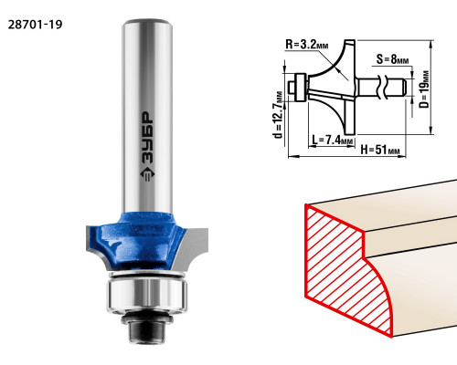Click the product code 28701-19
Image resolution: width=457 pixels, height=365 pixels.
[x=35, y=25]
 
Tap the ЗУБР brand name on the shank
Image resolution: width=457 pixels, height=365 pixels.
[x=147, y=138]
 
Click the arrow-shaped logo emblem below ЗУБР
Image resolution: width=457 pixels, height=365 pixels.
[x=147, y=174]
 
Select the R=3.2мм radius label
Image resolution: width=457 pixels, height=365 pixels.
[x=307, y=45]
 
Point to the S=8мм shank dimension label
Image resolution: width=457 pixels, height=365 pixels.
[x=392, y=59]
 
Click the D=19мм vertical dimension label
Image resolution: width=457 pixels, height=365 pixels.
[x=424, y=89]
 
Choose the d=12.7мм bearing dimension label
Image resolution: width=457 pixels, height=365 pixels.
[x=279, y=114]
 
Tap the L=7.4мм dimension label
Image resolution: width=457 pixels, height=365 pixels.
[x=333, y=140]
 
